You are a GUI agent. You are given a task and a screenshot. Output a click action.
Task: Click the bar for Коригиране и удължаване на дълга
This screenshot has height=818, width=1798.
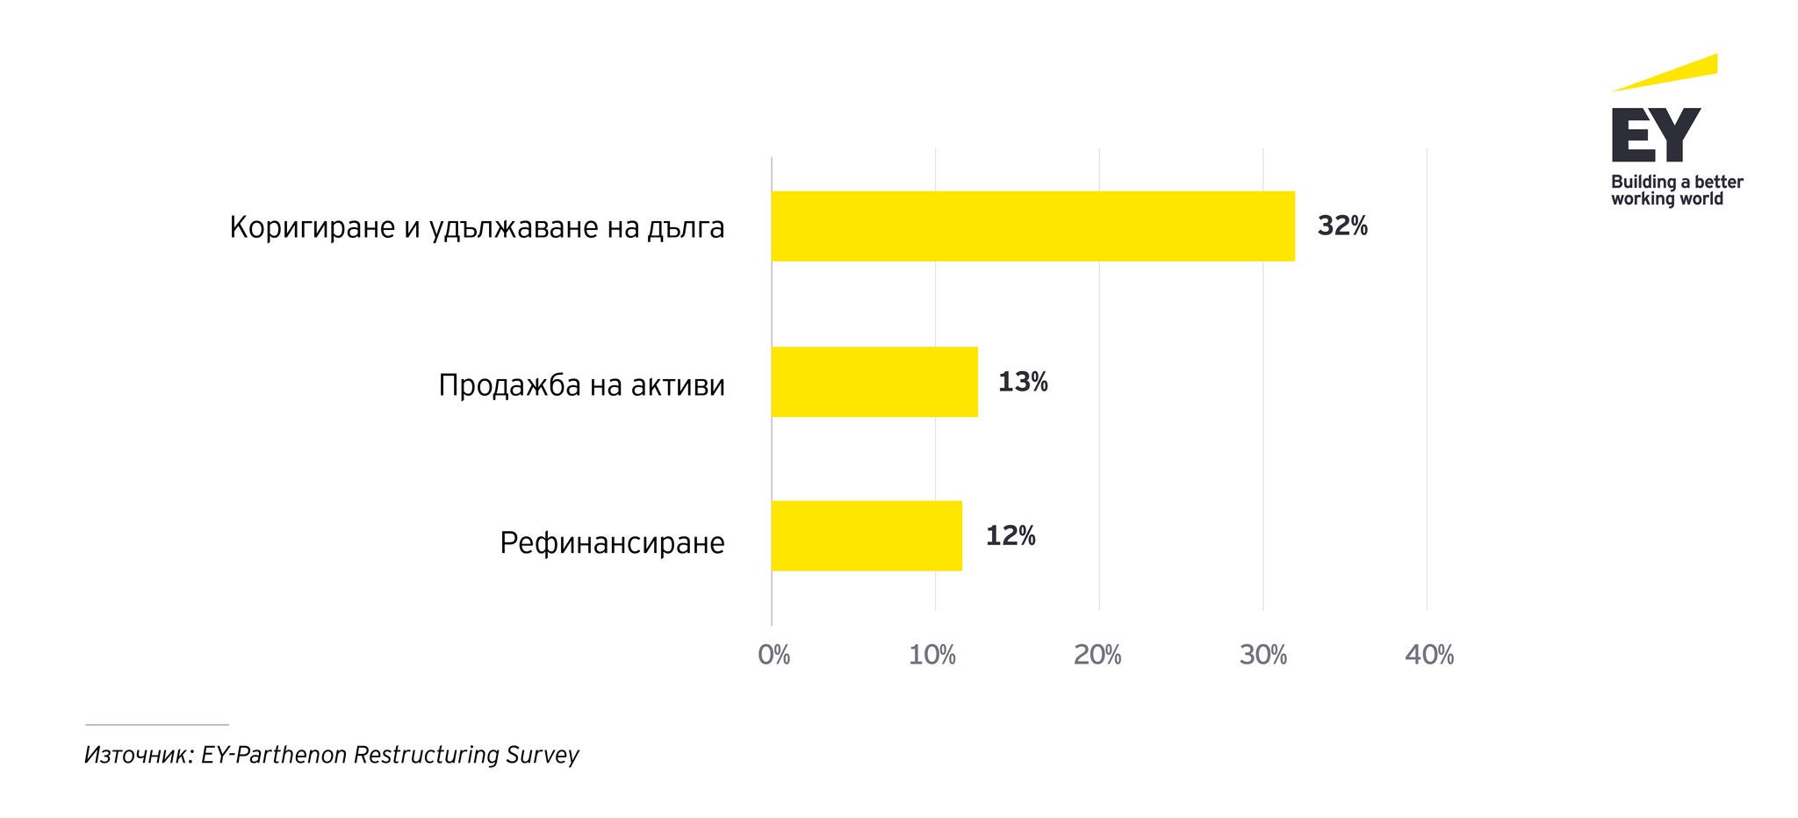pos(1032,226)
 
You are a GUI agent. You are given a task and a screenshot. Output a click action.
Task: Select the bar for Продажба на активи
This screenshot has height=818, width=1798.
pos(874,382)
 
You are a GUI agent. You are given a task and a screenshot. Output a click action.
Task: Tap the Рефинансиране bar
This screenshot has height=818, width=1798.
pos(867,535)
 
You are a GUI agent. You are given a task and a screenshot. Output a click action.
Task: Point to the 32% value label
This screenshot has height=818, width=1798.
pos(1342,226)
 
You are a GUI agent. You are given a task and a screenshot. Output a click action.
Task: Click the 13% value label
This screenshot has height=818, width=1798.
pos(1023,382)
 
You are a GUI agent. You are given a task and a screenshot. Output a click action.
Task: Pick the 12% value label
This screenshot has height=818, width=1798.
pos(1010,536)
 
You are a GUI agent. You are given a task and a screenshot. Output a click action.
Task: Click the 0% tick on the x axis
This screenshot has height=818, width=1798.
pos(773,655)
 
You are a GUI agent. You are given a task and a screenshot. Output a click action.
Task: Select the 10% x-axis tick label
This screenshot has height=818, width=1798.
pos(932,655)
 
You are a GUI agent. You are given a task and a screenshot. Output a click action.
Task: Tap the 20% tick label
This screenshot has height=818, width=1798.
pos(1097,655)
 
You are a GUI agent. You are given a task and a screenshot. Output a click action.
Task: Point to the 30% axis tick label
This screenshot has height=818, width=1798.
pos(1262,655)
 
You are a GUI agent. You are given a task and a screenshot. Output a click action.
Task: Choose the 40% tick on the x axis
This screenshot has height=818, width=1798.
pos(1429,655)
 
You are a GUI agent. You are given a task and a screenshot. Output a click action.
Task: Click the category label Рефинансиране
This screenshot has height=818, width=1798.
pos(612,543)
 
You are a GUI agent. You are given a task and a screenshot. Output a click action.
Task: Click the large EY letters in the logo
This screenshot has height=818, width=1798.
pos(1656,135)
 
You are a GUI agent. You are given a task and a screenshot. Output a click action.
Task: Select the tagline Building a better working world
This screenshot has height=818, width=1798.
pos(1676,190)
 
